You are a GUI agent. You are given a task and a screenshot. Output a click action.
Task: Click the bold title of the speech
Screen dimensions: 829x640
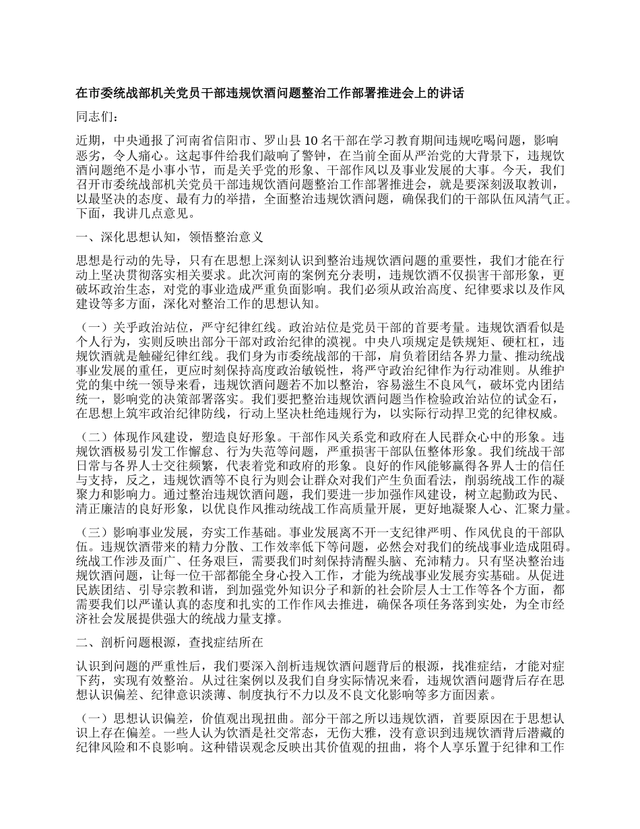269,94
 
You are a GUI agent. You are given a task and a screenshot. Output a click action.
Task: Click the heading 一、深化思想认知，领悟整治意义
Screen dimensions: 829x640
170,238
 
